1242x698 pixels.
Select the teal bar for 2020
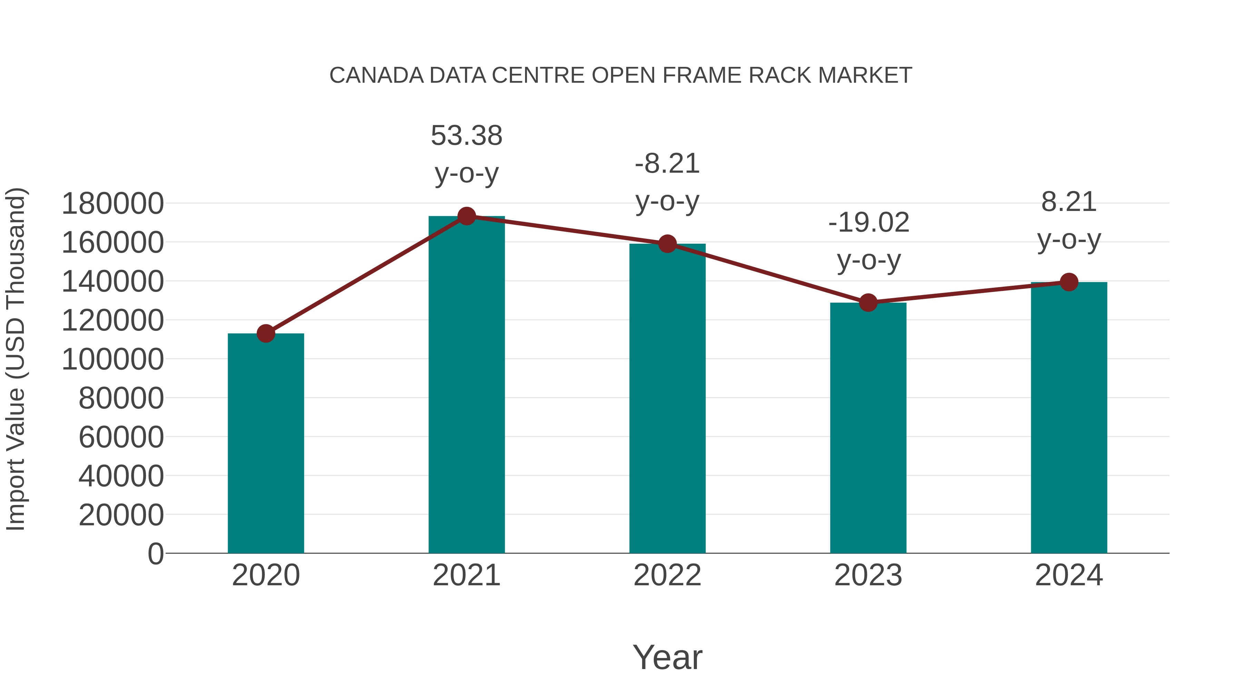[266, 443]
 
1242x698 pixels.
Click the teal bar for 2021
[466, 385]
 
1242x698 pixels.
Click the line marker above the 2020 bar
[266, 333]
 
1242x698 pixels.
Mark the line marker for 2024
[1069, 282]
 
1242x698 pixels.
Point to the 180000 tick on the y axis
[113, 203]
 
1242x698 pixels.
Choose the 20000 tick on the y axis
[121, 515]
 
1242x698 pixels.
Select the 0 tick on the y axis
[156, 554]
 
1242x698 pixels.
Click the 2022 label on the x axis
[667, 575]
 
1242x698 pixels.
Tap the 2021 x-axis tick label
[466, 575]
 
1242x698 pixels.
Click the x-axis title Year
[667, 657]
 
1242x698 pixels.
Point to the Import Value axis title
[16, 359]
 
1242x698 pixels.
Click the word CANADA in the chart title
[376, 75]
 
